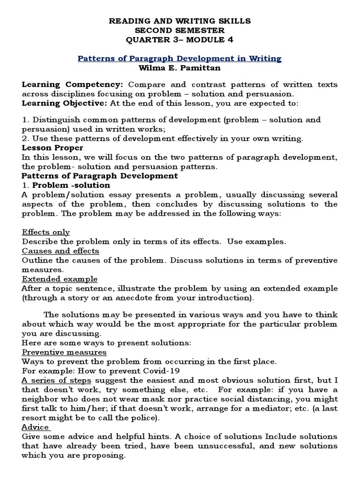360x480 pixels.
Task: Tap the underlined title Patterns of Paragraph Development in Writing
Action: point(180,59)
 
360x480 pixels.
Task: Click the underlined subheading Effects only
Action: point(46,232)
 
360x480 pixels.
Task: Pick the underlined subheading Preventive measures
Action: point(64,352)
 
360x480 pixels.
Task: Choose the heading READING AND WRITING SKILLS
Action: point(180,21)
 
